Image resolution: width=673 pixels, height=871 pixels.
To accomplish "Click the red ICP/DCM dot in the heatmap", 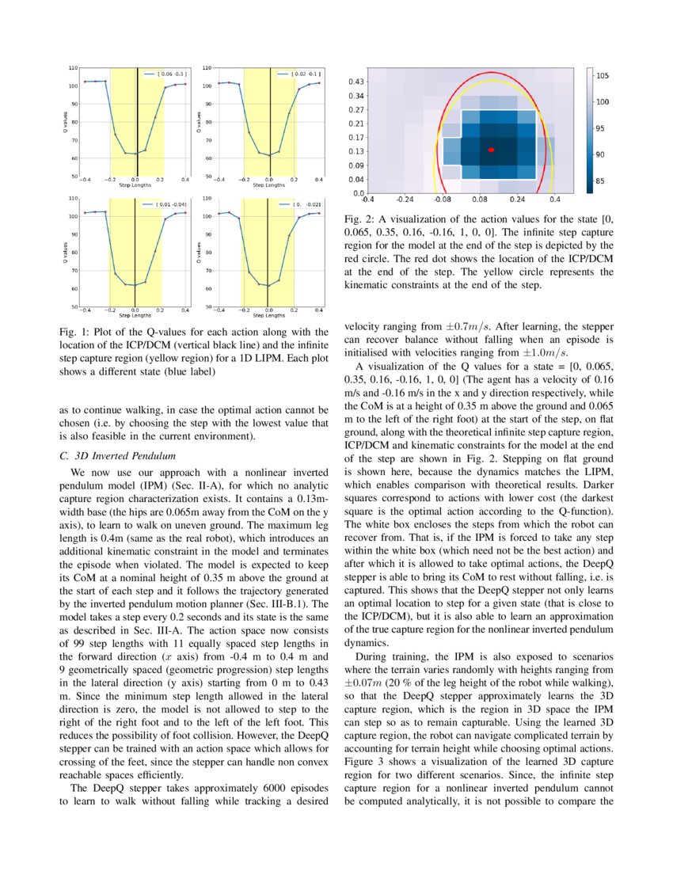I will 492,150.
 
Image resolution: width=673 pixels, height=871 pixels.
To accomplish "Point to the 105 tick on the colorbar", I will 602,76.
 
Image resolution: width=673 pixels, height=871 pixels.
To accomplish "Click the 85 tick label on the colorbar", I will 602,181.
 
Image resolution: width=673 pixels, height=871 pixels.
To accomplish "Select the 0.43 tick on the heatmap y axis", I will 356,82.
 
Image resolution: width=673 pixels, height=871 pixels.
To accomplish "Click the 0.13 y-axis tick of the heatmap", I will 356,150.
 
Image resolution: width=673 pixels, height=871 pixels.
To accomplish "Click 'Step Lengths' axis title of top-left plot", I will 135,184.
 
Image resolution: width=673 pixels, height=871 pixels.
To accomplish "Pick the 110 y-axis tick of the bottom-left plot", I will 74,198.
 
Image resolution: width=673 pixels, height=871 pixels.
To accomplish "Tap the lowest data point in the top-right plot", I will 270,155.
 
